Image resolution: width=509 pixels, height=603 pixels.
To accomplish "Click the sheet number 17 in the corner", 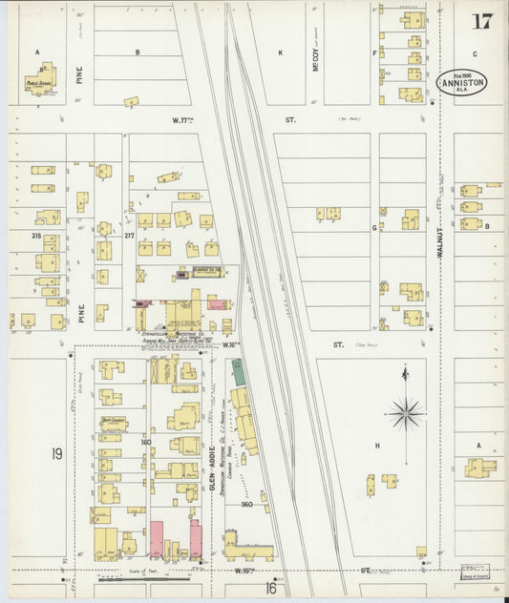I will click(481, 20).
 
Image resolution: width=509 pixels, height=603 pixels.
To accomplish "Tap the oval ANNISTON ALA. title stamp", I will click(462, 83).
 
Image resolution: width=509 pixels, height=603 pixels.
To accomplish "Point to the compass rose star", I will click(405, 414).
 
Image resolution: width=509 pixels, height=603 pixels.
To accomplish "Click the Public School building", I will click(40, 82).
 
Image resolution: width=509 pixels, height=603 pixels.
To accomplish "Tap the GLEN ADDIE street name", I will click(211, 468).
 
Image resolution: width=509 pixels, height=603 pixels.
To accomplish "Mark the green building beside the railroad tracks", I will click(239, 373).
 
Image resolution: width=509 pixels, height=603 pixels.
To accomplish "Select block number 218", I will click(36, 235).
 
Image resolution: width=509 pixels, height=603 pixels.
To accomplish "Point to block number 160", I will click(146, 442).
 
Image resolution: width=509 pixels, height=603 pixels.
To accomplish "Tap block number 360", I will click(246, 504).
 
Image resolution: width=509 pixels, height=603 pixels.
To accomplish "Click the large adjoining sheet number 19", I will click(56, 454).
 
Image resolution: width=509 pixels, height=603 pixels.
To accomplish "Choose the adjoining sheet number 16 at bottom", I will click(270, 589).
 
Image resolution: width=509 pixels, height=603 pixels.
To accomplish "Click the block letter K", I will click(280, 52).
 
